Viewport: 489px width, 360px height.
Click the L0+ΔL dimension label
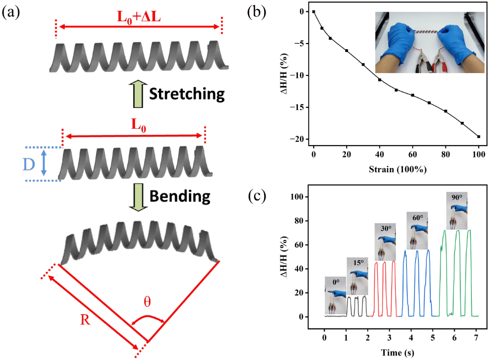pyautogui.click(x=139, y=18)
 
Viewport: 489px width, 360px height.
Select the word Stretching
pyautogui.click(x=187, y=94)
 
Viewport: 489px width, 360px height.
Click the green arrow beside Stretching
pyautogui.click(x=138, y=94)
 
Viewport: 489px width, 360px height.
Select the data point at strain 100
pyautogui.click(x=478, y=137)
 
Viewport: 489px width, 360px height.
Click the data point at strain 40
pyautogui.click(x=380, y=79)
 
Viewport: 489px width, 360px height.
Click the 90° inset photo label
pyautogui.click(x=457, y=197)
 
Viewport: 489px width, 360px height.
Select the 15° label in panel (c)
pyautogui.click(x=358, y=262)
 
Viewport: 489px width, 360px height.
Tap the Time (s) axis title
pyautogui.click(x=400, y=352)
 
